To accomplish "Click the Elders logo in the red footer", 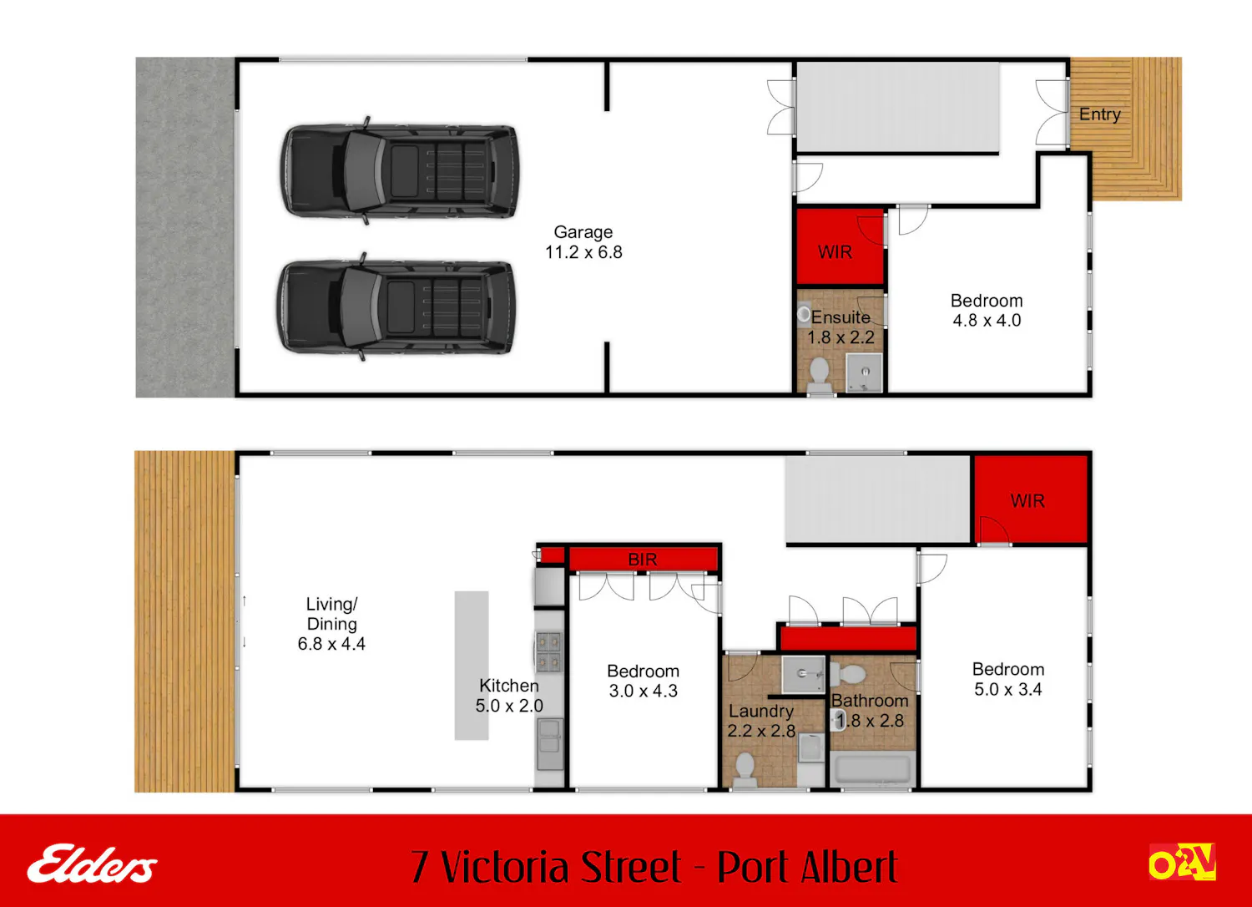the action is (92, 864).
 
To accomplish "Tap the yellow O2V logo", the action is (1183, 862).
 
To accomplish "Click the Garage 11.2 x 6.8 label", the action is (583, 242).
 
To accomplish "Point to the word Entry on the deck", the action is (1099, 114).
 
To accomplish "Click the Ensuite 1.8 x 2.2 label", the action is (841, 327).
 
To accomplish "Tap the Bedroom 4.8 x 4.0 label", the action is (987, 311).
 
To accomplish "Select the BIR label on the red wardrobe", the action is (642, 560).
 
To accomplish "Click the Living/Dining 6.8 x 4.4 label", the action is (331, 624).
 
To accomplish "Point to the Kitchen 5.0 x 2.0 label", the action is (509, 695).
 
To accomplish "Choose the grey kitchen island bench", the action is (472, 666).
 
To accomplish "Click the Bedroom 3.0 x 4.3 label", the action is (644, 681).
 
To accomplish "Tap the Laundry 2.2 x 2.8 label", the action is (761, 721).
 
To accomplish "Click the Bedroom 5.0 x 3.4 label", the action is (1008, 679).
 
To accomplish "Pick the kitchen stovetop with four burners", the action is (549, 651).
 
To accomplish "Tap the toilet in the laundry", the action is (745, 771).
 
